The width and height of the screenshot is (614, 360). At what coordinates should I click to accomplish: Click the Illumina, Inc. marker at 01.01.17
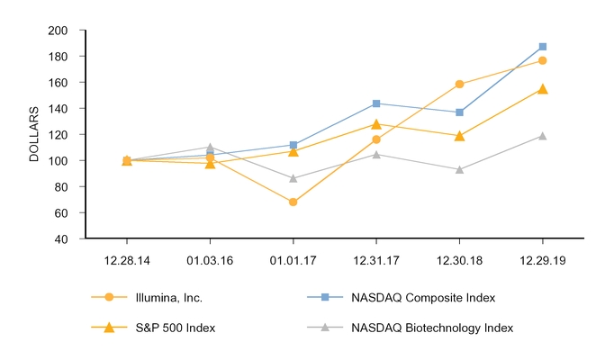click(x=293, y=202)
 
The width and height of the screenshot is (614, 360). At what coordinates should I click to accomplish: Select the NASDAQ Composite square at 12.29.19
click(x=543, y=47)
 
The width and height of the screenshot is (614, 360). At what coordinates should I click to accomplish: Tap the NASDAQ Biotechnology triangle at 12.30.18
click(x=460, y=169)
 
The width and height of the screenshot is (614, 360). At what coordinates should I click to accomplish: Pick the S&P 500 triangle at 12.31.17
click(x=376, y=124)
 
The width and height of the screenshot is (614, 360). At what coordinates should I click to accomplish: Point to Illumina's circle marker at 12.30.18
click(x=460, y=85)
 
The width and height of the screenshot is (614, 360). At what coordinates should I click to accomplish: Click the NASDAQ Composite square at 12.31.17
click(x=376, y=103)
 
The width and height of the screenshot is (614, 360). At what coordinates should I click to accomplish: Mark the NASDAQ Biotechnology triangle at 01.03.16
click(x=210, y=147)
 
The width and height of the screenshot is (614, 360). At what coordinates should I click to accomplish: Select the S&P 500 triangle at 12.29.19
click(x=543, y=89)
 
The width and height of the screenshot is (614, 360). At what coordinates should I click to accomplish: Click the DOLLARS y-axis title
click(x=34, y=135)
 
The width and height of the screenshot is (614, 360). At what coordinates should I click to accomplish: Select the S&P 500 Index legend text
click(x=176, y=328)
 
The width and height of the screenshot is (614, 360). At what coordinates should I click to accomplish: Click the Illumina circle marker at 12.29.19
click(x=543, y=60)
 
